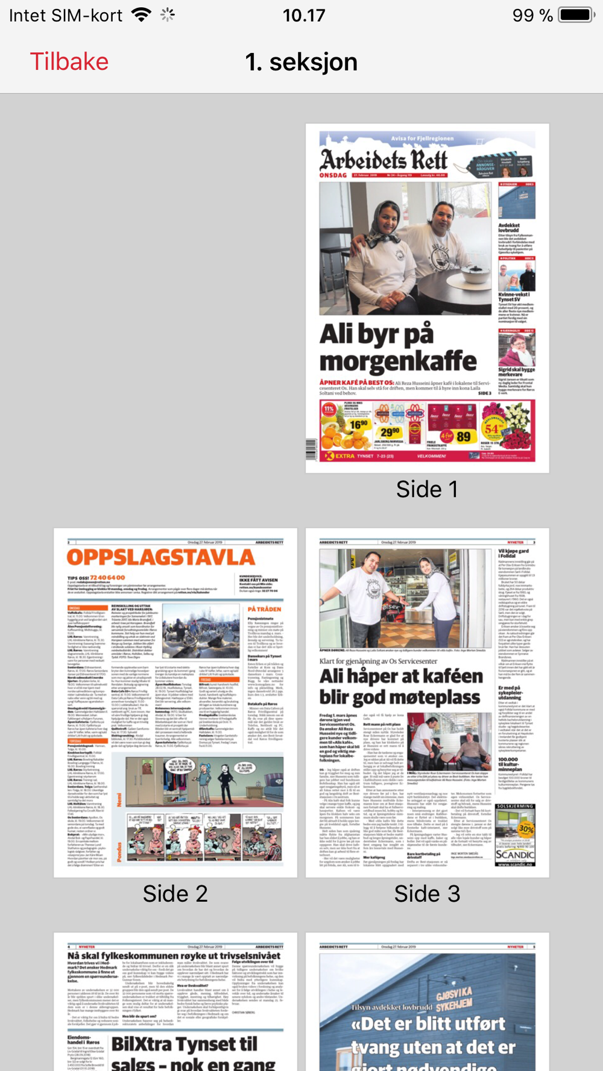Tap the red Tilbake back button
[x=69, y=62]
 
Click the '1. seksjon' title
[x=301, y=62]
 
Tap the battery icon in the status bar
[x=576, y=15]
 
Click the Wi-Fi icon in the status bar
[x=141, y=15]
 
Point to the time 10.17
[x=304, y=15]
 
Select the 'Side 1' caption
[x=427, y=489]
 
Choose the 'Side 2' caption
[x=175, y=893]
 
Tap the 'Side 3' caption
[x=427, y=893]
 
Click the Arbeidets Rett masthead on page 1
[x=384, y=160]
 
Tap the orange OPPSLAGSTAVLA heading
[x=160, y=557]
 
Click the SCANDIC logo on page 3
[x=514, y=854]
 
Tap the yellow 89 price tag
[x=463, y=436]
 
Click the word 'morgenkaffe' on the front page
[x=398, y=361]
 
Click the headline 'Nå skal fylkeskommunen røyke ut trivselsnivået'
[x=174, y=956]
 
